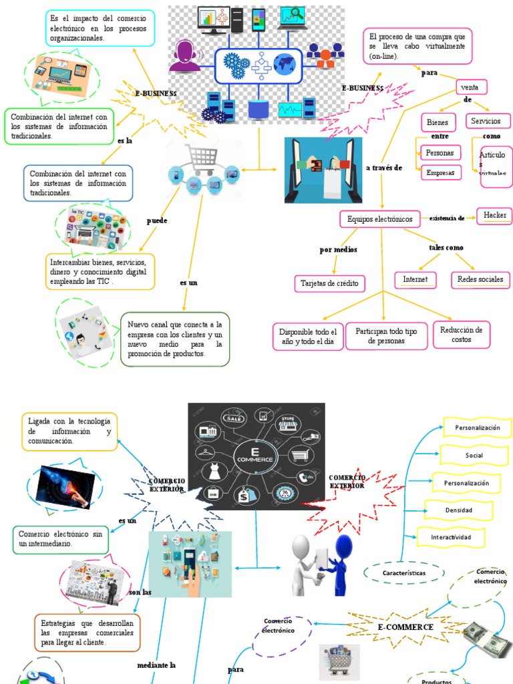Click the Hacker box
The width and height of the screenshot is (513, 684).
[495, 215]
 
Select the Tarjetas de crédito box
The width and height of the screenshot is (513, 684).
[329, 283]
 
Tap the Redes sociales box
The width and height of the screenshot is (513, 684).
[480, 279]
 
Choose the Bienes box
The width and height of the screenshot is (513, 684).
[438, 123]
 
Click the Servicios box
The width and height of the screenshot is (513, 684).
[488, 122]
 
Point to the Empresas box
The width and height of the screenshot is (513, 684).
[441, 173]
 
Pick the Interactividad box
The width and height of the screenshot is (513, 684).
[450, 537]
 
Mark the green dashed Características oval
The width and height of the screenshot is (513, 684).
[405, 572]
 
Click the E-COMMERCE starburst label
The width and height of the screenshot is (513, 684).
[405, 627]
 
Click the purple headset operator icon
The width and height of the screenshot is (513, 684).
[185, 56]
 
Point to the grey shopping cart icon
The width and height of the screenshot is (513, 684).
[202, 160]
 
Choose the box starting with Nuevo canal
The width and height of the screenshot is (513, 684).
[175, 339]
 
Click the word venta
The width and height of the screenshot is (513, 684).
[471, 88]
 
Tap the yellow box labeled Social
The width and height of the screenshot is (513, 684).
[474, 456]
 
